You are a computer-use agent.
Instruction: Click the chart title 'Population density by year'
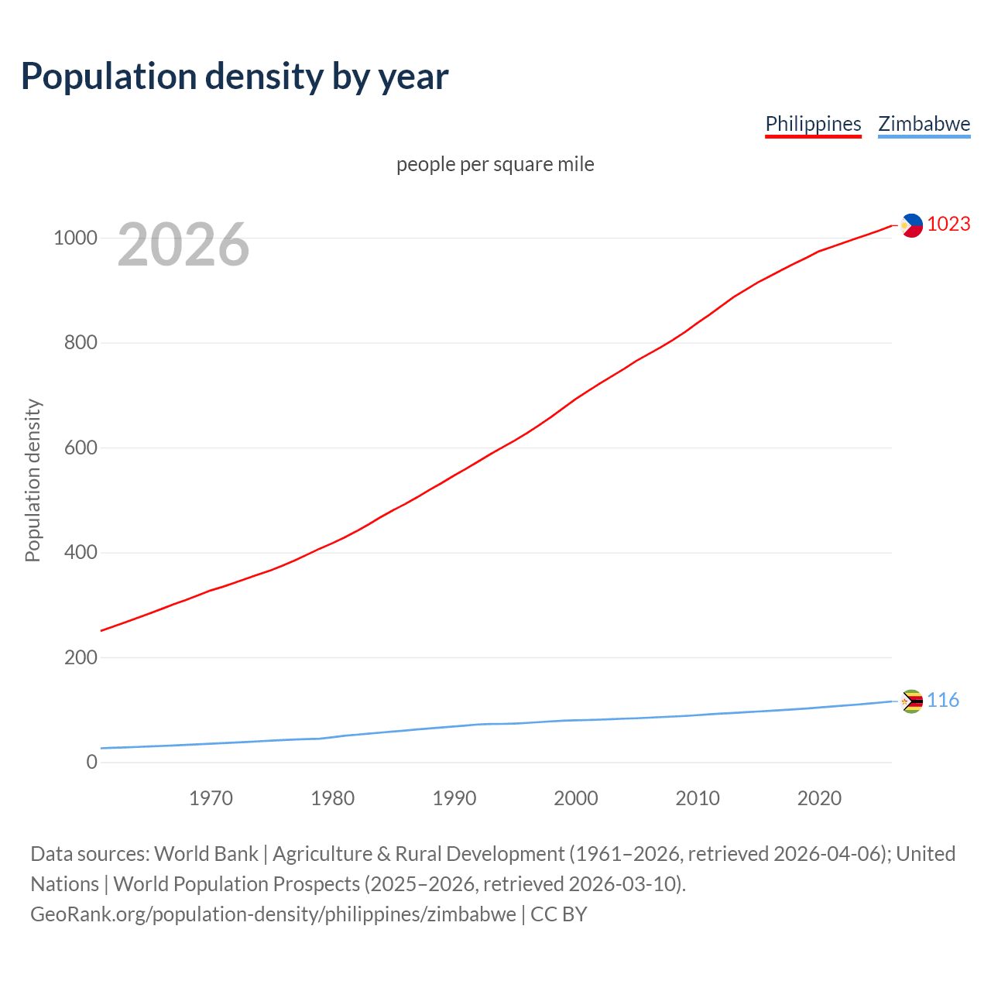point(235,77)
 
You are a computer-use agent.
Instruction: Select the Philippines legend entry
point(813,124)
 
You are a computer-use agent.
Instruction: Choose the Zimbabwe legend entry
point(924,124)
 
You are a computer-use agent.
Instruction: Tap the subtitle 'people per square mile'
point(495,165)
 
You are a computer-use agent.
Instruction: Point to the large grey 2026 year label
point(183,245)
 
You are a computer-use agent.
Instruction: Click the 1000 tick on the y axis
point(75,238)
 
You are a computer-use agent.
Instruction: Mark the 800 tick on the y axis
point(81,342)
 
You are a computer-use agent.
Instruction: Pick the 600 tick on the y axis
point(81,447)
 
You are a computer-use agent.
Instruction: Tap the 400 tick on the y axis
point(81,553)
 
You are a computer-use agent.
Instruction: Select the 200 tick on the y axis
point(81,657)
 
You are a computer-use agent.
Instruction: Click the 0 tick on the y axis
point(92,763)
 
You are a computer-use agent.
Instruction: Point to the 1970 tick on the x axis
point(211,798)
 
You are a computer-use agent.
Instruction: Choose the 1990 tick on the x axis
point(454,798)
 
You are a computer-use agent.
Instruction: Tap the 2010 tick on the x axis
point(698,798)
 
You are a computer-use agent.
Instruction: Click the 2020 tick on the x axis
point(819,798)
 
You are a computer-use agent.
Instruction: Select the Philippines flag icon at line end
point(911,225)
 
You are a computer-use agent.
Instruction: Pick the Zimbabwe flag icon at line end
point(911,701)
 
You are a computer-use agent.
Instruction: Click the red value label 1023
point(948,225)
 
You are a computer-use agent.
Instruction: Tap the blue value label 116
point(942,701)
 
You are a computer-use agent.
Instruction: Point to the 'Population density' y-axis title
point(33,480)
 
